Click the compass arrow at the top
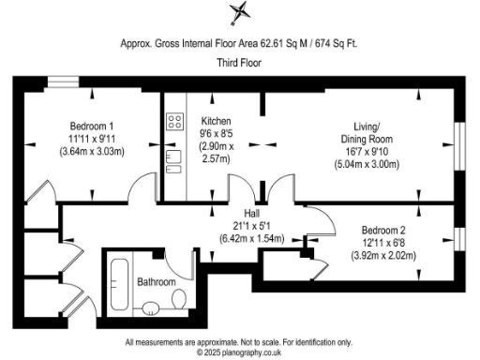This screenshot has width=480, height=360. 240,14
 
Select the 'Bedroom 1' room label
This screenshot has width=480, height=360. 92,126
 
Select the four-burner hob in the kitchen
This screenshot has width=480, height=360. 174,120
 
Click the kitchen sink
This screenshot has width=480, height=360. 172,160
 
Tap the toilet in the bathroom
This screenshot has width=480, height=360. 177,298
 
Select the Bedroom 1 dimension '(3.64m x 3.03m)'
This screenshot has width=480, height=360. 92,151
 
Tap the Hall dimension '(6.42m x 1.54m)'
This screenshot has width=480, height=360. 250,238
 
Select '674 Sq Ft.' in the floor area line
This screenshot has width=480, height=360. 338,42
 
